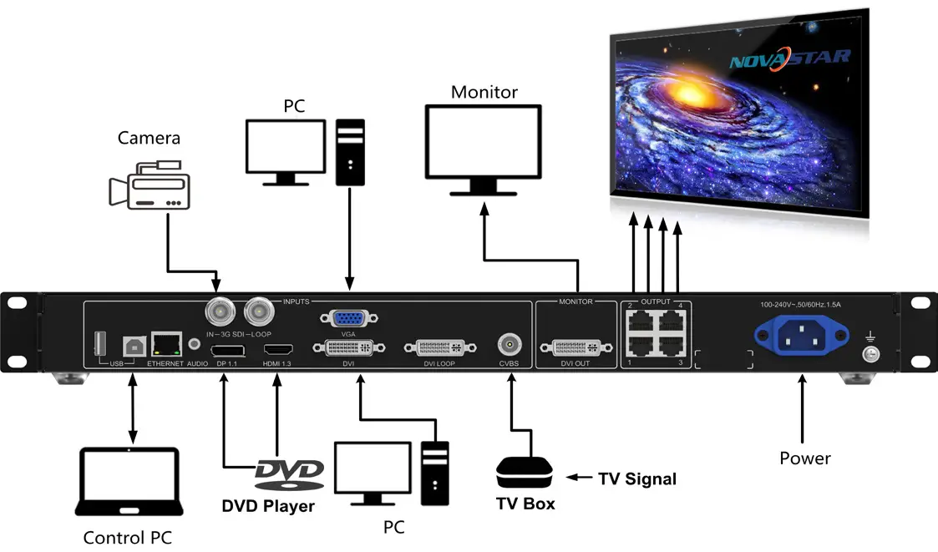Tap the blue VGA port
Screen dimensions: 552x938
click(349, 318)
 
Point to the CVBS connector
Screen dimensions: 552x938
click(509, 344)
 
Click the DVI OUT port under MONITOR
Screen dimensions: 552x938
click(575, 347)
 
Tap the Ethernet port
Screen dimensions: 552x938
click(170, 342)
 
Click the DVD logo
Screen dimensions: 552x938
click(288, 474)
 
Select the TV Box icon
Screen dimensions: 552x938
click(525, 473)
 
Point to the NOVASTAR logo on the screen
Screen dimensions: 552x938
click(788, 59)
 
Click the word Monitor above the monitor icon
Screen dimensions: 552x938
click(484, 92)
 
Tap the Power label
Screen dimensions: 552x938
click(804, 458)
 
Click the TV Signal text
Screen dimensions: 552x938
click(637, 479)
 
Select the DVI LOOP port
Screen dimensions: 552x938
click(440, 347)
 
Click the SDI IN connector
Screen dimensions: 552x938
click(219, 313)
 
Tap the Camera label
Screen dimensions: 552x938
click(149, 138)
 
